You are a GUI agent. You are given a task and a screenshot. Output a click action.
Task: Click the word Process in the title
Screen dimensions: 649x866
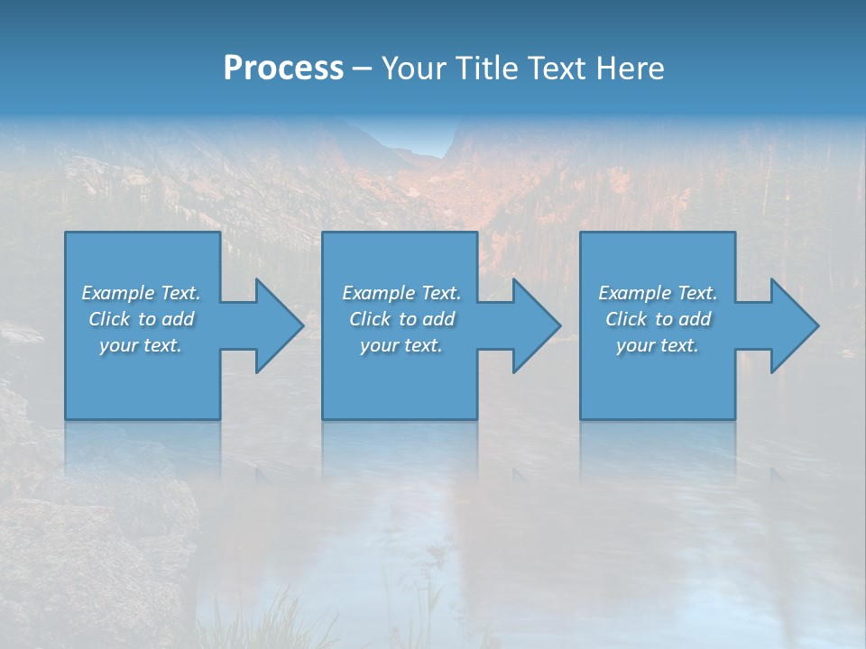[283, 69]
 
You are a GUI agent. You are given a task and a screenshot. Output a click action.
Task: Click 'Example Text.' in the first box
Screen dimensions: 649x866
[142, 293]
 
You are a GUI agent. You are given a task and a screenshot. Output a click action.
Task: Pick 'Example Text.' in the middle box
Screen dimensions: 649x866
[401, 293]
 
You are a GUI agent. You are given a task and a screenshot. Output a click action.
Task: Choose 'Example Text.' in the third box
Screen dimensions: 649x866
[658, 293]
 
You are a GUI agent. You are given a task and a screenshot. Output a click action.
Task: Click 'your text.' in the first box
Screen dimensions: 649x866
[142, 345]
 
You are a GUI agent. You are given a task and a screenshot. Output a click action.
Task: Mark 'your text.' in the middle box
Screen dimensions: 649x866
[401, 345]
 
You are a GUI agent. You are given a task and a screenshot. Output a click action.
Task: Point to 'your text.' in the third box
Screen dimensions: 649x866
[658, 345]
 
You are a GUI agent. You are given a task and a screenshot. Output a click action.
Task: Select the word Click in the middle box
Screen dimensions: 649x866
[370, 319]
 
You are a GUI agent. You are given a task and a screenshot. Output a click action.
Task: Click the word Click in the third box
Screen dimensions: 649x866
[626, 319]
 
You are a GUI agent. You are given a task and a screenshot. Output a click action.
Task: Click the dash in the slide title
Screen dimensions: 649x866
[362, 69]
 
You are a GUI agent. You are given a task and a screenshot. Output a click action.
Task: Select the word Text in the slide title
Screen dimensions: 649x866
[557, 69]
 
